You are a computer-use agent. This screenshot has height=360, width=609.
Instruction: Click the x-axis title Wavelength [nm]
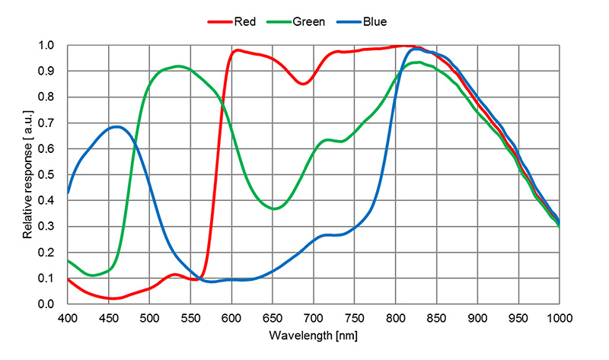coord(314,335)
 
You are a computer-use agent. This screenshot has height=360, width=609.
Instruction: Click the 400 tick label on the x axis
coord(68,317)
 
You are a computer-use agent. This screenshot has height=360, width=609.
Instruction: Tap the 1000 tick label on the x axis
coord(560,317)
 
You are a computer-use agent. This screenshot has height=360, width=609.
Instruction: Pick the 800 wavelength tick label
coord(395,317)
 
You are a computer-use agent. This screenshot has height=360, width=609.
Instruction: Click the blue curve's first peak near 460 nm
coord(116,127)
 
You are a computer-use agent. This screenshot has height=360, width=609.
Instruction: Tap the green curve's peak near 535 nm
coord(178,66)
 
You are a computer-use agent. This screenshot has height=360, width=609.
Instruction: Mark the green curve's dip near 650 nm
coord(274,209)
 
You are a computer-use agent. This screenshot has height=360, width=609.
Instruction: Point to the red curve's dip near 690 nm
coord(302,84)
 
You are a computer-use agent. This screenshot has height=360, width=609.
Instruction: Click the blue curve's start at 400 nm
coord(69,193)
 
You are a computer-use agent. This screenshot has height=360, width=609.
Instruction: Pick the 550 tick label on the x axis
coord(190,317)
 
